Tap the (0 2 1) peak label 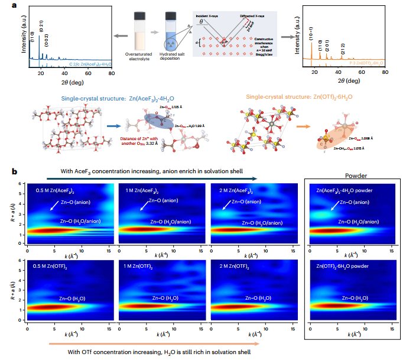pyautogui.click(x=40, y=25)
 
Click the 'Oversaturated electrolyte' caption pyautogui.click(x=150, y=57)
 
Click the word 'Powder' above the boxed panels pyautogui.click(x=356, y=176)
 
